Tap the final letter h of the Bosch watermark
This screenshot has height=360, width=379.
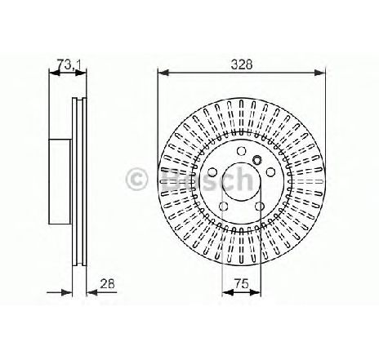(x=251, y=179)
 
